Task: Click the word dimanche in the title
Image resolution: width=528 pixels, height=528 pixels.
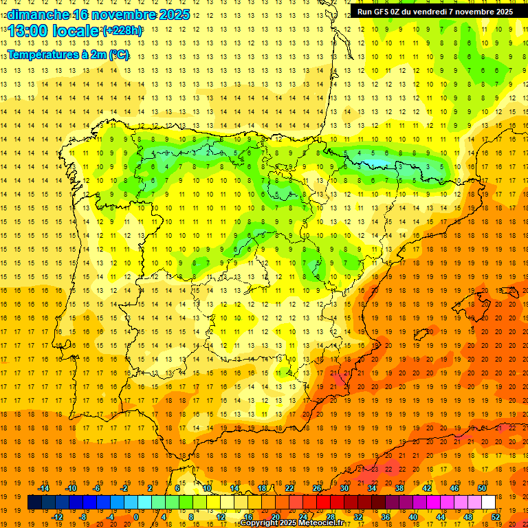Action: [37, 14]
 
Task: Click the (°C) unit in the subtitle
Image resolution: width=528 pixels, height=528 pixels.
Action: [118, 54]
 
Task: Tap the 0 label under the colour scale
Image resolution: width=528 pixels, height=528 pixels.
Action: [136, 517]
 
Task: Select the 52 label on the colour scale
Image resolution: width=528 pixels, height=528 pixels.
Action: [496, 517]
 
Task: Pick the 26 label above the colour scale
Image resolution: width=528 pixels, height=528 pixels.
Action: [317, 488]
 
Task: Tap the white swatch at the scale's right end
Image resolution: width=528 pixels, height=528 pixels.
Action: [488, 503]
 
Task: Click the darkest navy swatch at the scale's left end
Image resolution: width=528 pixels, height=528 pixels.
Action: [34, 503]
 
